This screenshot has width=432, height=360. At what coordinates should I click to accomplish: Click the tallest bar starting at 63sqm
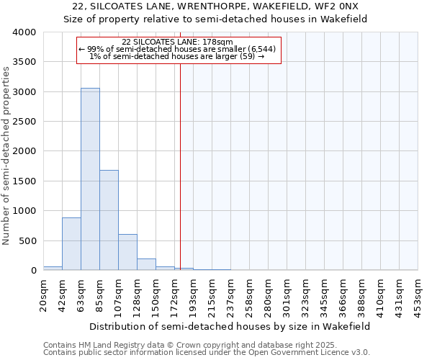click(x=90, y=179)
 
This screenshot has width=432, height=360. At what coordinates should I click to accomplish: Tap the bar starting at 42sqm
click(x=71, y=244)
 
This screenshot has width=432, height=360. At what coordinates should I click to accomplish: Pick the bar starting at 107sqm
click(x=127, y=252)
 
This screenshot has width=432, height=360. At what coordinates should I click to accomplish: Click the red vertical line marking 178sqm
click(x=180, y=166)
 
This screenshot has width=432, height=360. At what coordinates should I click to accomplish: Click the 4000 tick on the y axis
click(x=25, y=32)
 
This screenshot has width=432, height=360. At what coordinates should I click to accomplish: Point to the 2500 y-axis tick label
click(x=25, y=122)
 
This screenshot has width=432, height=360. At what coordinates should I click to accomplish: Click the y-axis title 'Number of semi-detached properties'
click(x=7, y=155)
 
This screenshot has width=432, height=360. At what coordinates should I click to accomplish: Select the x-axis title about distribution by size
click(x=230, y=326)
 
